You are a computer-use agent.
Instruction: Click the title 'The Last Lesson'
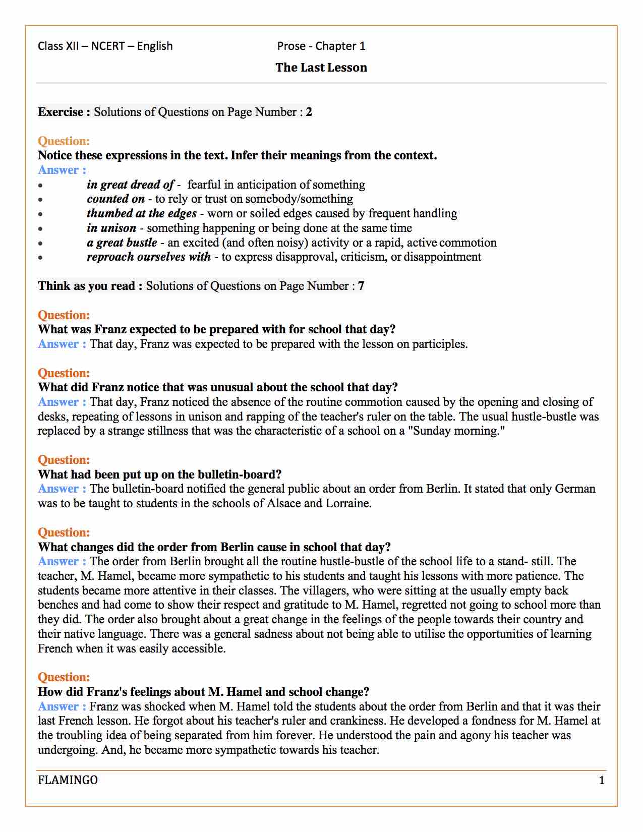[321, 68]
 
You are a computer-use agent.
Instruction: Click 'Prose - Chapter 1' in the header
[321, 46]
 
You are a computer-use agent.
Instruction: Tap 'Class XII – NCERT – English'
[105, 46]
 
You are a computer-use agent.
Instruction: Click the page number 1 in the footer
[601, 781]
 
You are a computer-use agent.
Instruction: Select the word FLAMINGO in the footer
[68, 780]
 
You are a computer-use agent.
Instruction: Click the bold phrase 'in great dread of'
[130, 185]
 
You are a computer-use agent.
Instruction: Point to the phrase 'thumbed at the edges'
[141, 213]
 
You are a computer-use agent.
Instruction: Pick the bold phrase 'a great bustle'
[122, 243]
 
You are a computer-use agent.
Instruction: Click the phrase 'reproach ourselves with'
[149, 257]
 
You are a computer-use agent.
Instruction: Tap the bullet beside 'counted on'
[40, 200]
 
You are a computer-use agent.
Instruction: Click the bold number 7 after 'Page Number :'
[361, 286]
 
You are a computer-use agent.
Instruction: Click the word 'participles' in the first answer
[439, 344]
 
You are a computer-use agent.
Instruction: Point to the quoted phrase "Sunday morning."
[458, 431]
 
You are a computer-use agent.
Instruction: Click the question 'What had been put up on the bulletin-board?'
[159, 474]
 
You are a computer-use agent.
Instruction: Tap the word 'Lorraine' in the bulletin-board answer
[347, 503]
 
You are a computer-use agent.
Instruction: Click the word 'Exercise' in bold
[61, 112]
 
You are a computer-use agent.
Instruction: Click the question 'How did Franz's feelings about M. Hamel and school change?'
[203, 692]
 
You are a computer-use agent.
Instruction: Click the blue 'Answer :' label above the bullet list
[62, 170]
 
